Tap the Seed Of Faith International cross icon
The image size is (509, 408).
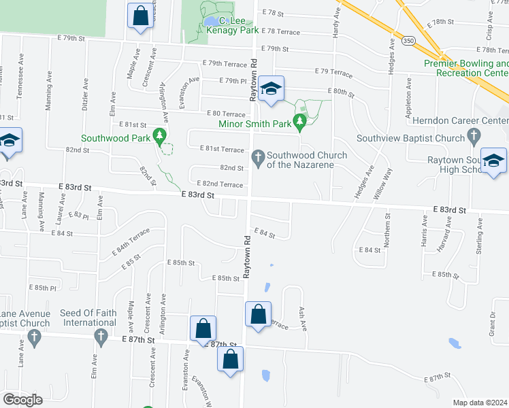(x=100, y=335)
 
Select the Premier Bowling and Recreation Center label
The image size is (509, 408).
(x=466, y=67)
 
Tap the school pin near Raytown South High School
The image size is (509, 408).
(x=493, y=162)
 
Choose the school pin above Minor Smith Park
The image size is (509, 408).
(x=271, y=89)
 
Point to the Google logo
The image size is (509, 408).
(x=23, y=400)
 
